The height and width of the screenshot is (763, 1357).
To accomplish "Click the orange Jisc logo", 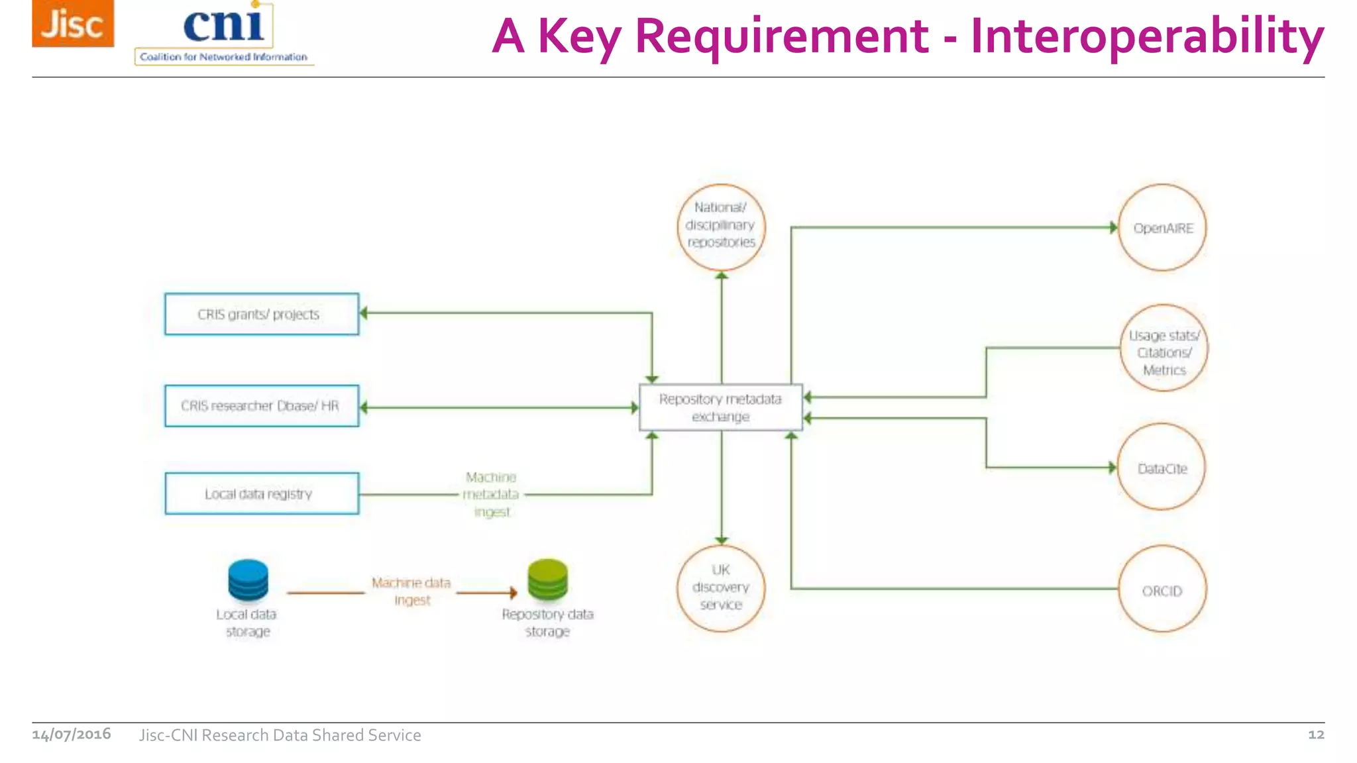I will [x=73, y=24].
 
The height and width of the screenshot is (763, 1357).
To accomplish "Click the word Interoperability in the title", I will [x=1147, y=36].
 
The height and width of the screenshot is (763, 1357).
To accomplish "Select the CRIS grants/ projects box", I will [x=262, y=314].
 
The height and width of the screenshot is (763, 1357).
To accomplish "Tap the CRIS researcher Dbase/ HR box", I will [x=262, y=405].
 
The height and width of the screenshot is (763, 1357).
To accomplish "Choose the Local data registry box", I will [x=262, y=493].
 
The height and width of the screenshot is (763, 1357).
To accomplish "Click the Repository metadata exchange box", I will [x=721, y=407].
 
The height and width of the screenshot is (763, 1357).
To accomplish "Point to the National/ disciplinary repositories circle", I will [x=721, y=227].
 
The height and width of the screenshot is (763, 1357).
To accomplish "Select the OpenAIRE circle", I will [x=1162, y=228].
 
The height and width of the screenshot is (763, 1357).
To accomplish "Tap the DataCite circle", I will [x=1162, y=468].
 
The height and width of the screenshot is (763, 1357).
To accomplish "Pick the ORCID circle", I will [x=1162, y=589].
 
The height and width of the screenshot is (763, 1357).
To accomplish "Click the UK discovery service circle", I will [x=721, y=588].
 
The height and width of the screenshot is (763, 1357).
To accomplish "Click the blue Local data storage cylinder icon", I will [x=248, y=580].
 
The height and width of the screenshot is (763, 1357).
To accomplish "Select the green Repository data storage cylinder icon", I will [x=547, y=580].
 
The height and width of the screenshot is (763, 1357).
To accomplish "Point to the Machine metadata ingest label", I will [x=491, y=494].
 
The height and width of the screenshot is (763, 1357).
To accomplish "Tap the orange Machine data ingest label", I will [x=411, y=591].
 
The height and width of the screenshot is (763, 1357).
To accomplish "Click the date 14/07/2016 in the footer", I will [x=72, y=734].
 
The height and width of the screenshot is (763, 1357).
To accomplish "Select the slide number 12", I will [x=1315, y=734].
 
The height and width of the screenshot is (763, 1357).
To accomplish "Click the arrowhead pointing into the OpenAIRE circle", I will [x=1113, y=227].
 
